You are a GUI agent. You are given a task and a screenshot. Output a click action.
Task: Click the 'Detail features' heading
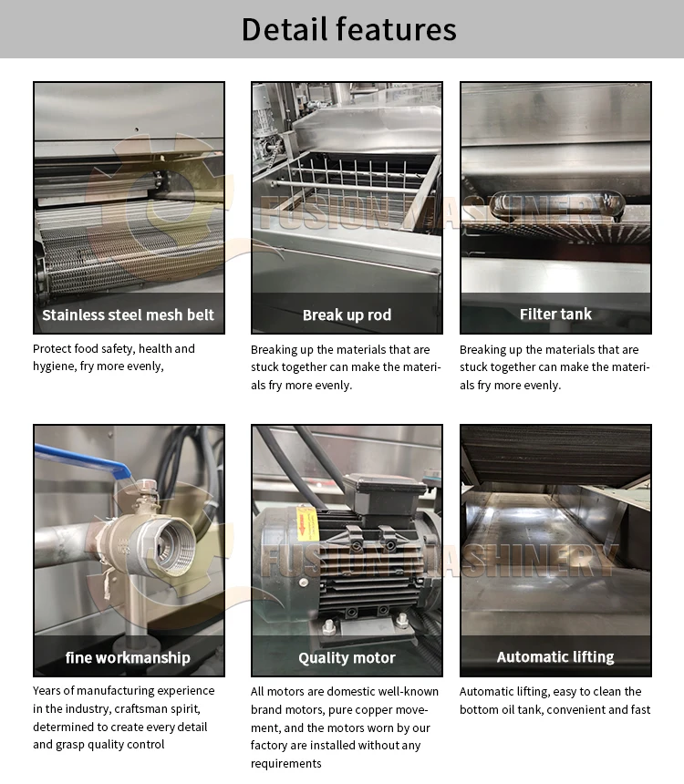(x=348, y=29)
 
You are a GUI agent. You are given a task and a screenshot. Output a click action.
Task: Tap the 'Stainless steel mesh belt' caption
(x=129, y=315)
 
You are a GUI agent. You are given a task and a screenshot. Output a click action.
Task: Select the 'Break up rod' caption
(x=347, y=315)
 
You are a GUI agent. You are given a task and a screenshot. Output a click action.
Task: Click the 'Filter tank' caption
(x=555, y=315)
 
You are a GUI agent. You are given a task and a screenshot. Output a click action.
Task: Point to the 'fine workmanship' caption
(x=129, y=657)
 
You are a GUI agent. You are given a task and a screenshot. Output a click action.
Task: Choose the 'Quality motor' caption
(x=347, y=657)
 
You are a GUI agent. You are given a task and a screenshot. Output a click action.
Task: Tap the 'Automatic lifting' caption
(x=555, y=656)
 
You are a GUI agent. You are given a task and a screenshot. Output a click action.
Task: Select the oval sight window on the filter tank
(x=556, y=205)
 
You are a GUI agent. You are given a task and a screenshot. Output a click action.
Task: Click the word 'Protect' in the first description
(x=51, y=349)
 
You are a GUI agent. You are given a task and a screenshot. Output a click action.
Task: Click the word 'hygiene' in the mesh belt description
(x=55, y=366)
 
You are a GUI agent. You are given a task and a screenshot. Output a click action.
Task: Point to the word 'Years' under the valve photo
(x=47, y=691)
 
